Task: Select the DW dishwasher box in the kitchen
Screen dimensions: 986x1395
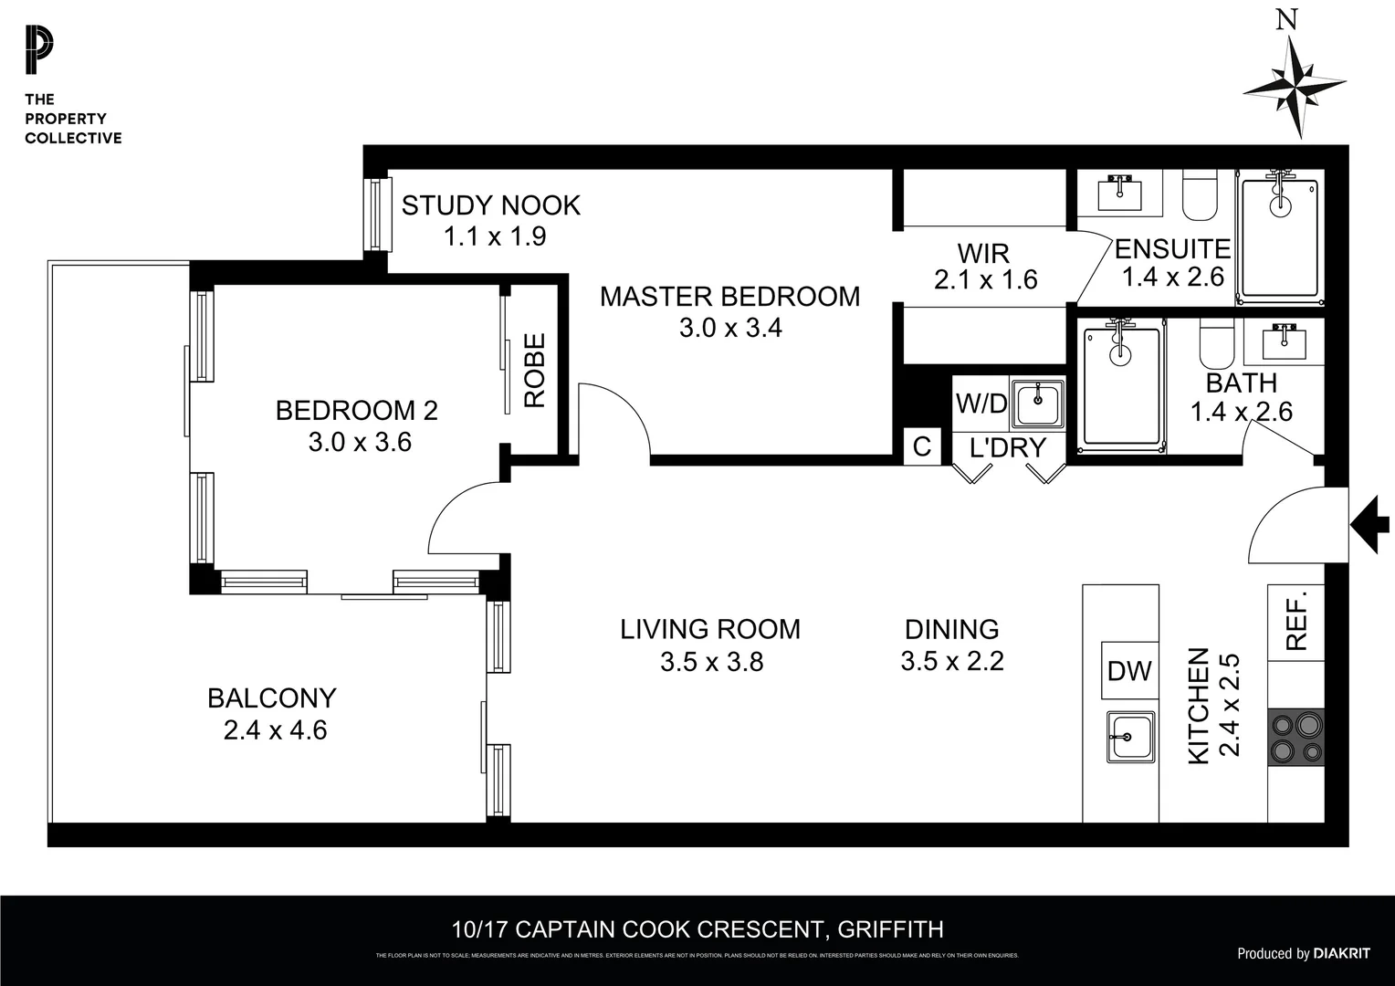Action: point(1129,671)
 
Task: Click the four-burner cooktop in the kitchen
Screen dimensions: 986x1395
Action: point(1296,737)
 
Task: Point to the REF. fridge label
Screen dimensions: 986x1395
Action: point(1296,621)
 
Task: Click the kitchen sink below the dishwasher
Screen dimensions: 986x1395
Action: point(1130,736)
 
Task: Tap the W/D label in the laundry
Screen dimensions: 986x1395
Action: point(981,404)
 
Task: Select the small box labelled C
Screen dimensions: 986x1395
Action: point(922,446)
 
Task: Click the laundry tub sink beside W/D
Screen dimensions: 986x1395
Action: point(1037,403)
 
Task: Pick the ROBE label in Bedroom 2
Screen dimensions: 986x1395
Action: point(534,370)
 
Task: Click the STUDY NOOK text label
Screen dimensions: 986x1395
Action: point(491,205)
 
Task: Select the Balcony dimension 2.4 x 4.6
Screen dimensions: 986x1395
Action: point(275,730)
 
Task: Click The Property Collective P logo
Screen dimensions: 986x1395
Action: point(39,51)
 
